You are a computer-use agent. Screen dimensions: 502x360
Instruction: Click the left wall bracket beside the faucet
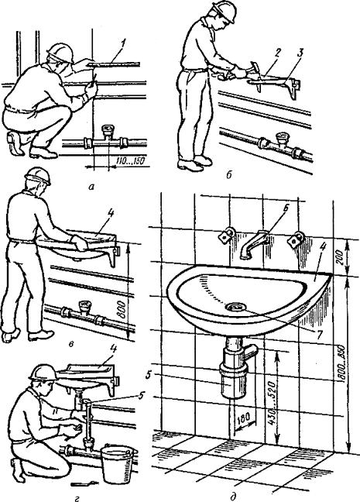coord(228,236)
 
